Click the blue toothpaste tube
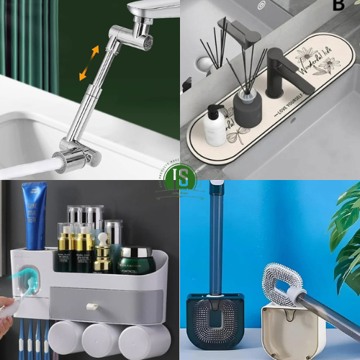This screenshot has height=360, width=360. [x=33, y=215]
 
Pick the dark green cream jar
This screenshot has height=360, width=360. [x=138, y=259]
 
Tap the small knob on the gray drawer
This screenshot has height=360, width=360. [x=92, y=307]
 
